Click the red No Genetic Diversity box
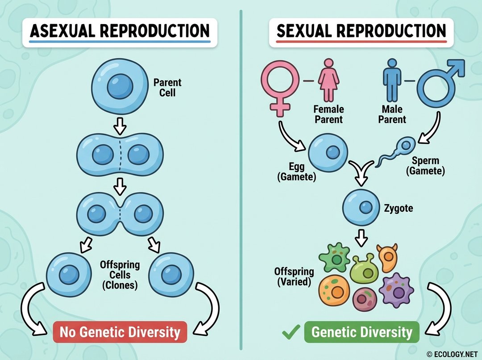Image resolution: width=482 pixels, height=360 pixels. point(120,332)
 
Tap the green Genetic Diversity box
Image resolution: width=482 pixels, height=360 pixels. point(361,332)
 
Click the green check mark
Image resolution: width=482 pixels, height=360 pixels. point(291,332)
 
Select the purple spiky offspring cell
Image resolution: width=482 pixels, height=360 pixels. point(396,289)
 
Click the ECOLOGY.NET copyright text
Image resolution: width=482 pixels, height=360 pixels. point(451,354)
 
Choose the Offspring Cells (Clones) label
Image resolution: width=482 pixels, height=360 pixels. point(120,274)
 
